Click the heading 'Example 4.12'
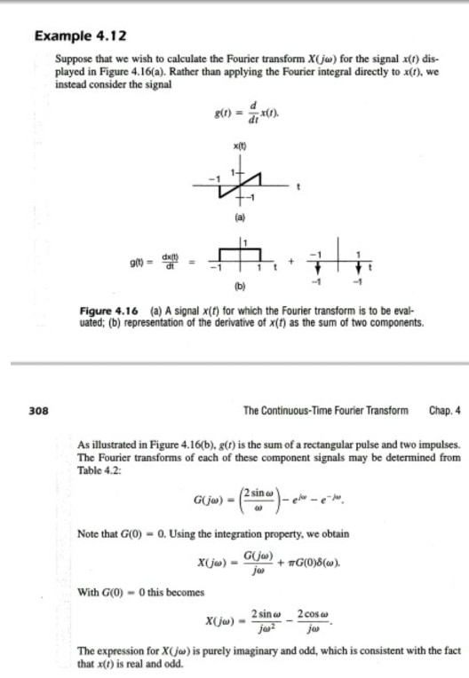(79, 36)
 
